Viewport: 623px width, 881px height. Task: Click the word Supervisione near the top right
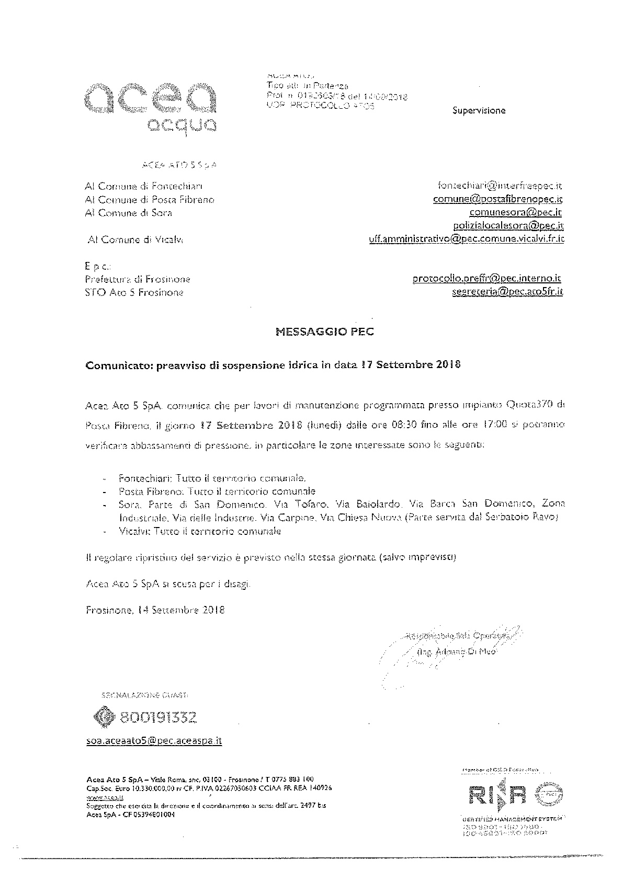pos(479,110)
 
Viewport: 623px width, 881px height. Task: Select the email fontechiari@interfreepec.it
pos(500,186)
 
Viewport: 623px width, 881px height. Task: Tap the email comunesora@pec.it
pos(515,212)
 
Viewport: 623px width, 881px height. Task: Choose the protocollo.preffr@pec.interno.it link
pos(487,279)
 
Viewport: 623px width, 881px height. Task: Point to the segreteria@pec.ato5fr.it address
pos(507,292)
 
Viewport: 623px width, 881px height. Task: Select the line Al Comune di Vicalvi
pos(135,239)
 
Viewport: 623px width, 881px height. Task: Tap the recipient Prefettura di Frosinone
pos(138,279)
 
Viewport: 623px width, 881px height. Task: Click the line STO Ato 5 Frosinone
pos(134,293)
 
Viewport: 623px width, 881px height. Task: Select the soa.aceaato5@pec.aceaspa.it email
pos(154,741)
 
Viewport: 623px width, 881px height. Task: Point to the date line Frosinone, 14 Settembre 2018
pos(155,610)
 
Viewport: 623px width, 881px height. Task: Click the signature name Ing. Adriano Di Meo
pos(456,652)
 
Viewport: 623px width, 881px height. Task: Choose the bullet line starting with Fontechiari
pos(212,478)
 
